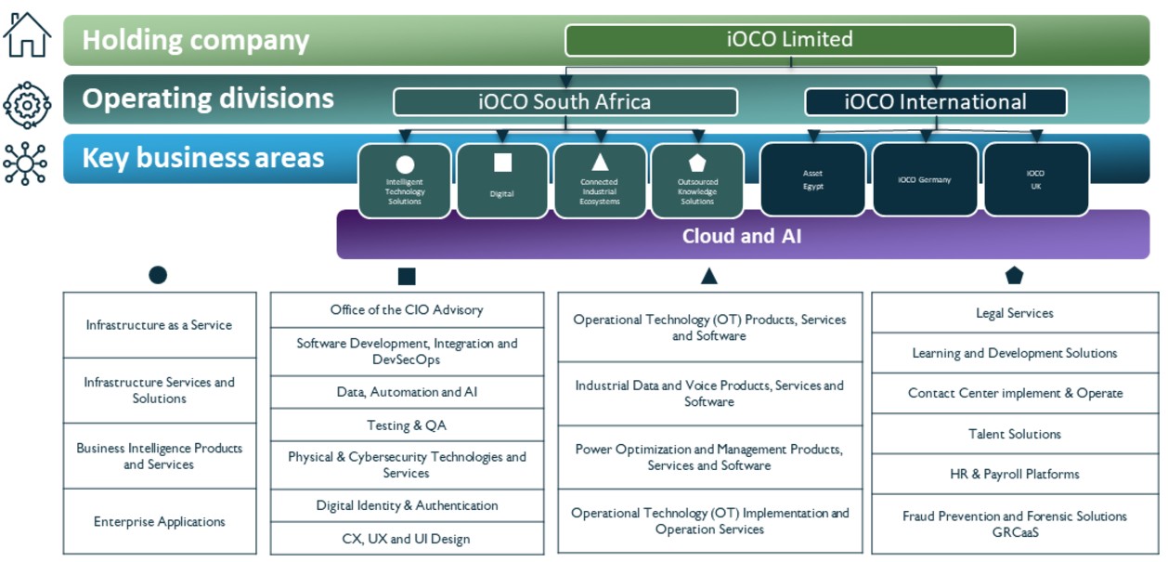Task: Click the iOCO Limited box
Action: point(789,40)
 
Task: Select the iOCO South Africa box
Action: point(565,102)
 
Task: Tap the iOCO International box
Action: point(935,102)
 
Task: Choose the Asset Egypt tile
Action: point(812,179)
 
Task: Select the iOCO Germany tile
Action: point(925,179)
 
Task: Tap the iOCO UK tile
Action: point(1035,179)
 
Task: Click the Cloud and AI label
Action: point(741,236)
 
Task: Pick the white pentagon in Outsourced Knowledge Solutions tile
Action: point(697,163)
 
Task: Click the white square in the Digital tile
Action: point(502,163)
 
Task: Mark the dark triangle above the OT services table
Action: point(709,276)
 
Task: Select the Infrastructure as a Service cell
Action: point(159,325)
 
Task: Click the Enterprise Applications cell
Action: point(159,521)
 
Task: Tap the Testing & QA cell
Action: point(407,425)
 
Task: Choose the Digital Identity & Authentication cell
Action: point(407,505)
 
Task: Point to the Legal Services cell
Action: point(1014,313)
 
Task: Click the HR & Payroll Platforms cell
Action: point(1014,474)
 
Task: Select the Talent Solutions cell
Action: point(1014,434)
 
